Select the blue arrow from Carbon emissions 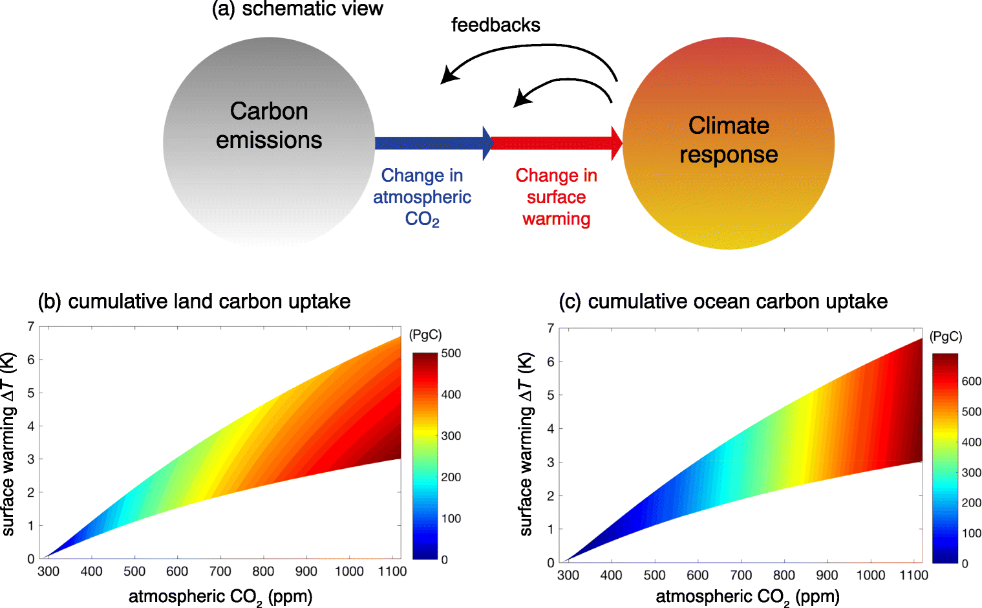[x=430, y=143]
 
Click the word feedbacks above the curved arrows [x=495, y=25]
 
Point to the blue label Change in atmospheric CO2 [x=422, y=197]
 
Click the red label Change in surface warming [x=556, y=197]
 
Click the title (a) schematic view [x=297, y=8]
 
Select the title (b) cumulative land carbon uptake [x=194, y=301]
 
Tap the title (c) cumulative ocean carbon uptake [x=723, y=301]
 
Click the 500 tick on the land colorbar [x=451, y=353]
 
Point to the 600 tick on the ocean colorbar [x=971, y=382]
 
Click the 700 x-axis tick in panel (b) [x=220, y=571]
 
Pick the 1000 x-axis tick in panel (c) [x=870, y=575]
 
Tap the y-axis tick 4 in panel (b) [x=30, y=426]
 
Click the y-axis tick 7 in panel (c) [x=550, y=328]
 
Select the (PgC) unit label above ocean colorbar [x=945, y=336]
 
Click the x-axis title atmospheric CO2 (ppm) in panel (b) [x=220, y=596]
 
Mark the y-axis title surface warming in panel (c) [x=526, y=444]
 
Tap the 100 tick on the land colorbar [x=451, y=518]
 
